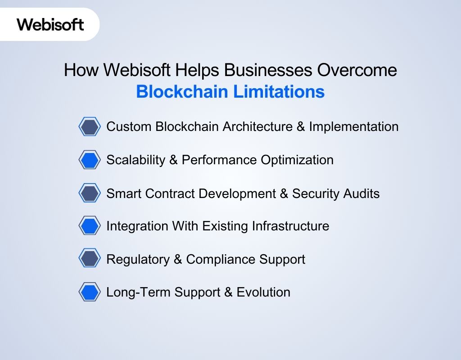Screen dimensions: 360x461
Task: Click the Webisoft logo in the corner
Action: [x=50, y=24]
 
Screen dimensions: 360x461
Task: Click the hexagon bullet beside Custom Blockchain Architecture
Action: [x=90, y=127]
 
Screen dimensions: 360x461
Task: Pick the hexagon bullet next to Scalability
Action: [x=90, y=160]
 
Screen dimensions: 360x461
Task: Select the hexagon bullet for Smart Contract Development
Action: [x=90, y=193]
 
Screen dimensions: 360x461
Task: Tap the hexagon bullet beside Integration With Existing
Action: [x=90, y=226]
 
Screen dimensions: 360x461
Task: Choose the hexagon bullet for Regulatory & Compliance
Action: [x=90, y=259]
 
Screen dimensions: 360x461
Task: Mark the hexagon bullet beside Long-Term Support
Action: [x=90, y=292]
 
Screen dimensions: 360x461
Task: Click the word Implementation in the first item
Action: [x=353, y=127]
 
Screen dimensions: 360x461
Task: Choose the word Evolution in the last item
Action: [x=263, y=292]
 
